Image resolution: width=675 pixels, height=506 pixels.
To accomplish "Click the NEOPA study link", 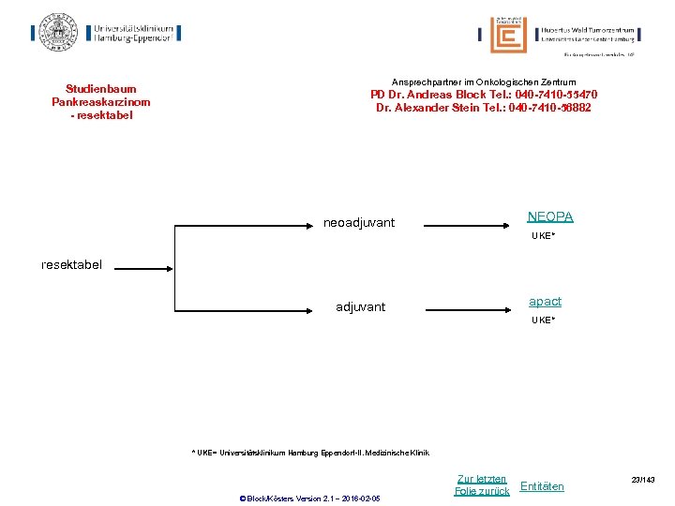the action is click(550, 217).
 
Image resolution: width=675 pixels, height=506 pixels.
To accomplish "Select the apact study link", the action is click(545, 302).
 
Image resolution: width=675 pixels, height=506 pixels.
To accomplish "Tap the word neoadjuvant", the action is click(359, 223).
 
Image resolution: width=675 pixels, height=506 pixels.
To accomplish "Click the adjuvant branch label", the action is click(360, 307).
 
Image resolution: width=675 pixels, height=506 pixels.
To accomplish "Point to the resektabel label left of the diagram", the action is click(71, 265).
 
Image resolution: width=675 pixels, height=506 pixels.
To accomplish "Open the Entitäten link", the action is click(542, 486).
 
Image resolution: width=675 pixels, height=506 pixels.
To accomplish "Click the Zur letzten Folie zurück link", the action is click(482, 485).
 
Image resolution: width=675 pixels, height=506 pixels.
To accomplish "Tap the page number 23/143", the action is click(642, 481).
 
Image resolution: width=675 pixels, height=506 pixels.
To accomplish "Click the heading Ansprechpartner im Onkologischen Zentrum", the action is click(484, 82).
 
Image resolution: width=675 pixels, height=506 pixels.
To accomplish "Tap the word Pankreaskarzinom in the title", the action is click(100, 102).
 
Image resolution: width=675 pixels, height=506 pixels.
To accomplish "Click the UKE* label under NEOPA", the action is click(544, 236).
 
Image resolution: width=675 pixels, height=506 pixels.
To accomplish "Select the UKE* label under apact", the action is click(544, 320).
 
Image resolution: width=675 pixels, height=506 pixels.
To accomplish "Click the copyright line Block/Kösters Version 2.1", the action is click(310, 498).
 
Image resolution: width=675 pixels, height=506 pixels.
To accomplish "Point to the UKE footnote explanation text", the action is click(310, 453).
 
